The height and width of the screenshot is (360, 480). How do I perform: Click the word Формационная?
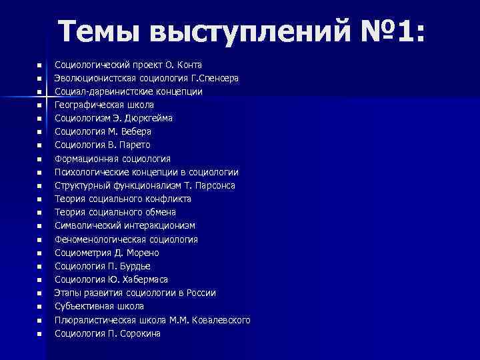coord(84,159)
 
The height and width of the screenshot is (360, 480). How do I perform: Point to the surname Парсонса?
coord(213,185)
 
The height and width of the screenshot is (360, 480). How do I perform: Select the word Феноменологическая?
coord(97,239)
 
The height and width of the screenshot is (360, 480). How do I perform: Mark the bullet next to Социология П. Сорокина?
coord(40,334)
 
